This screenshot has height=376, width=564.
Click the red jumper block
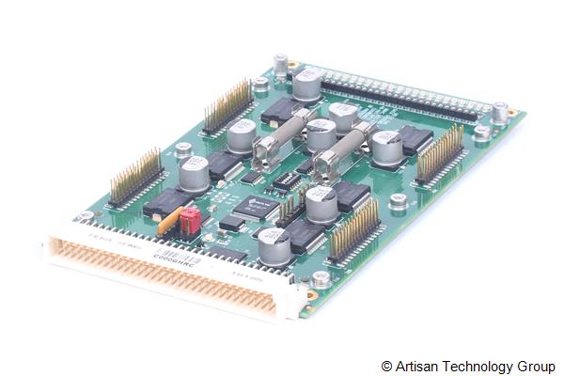[188, 222]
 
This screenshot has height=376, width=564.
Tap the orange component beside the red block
[169, 223]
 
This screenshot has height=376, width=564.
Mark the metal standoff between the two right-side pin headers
[399, 199]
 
